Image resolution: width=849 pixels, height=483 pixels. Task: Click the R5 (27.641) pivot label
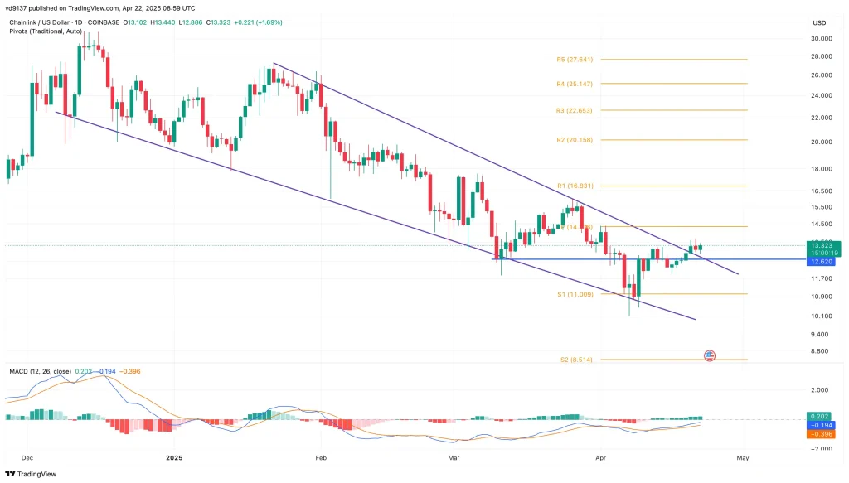[575, 60]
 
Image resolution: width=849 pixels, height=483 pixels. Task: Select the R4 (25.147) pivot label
[575, 84]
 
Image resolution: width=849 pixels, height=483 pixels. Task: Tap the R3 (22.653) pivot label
[575, 110]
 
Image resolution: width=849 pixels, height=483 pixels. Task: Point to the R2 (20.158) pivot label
[575, 140]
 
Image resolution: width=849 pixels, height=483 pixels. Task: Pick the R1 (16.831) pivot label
[575, 186]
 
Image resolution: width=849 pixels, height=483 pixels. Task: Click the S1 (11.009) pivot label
[575, 294]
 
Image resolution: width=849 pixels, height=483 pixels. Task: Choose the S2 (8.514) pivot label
[575, 360]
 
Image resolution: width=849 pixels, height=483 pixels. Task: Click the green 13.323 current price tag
[822, 245]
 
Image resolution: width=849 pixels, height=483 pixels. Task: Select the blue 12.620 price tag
[822, 261]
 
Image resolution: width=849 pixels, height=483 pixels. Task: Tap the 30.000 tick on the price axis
[822, 38]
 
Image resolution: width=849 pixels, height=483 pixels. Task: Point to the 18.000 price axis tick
[822, 169]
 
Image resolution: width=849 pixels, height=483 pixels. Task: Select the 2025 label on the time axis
[173, 457]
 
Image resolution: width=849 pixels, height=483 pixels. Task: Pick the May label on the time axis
[743, 457]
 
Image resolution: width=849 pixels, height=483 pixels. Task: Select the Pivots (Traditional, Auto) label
[44, 31]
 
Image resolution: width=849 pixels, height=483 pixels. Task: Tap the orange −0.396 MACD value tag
[822, 433]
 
